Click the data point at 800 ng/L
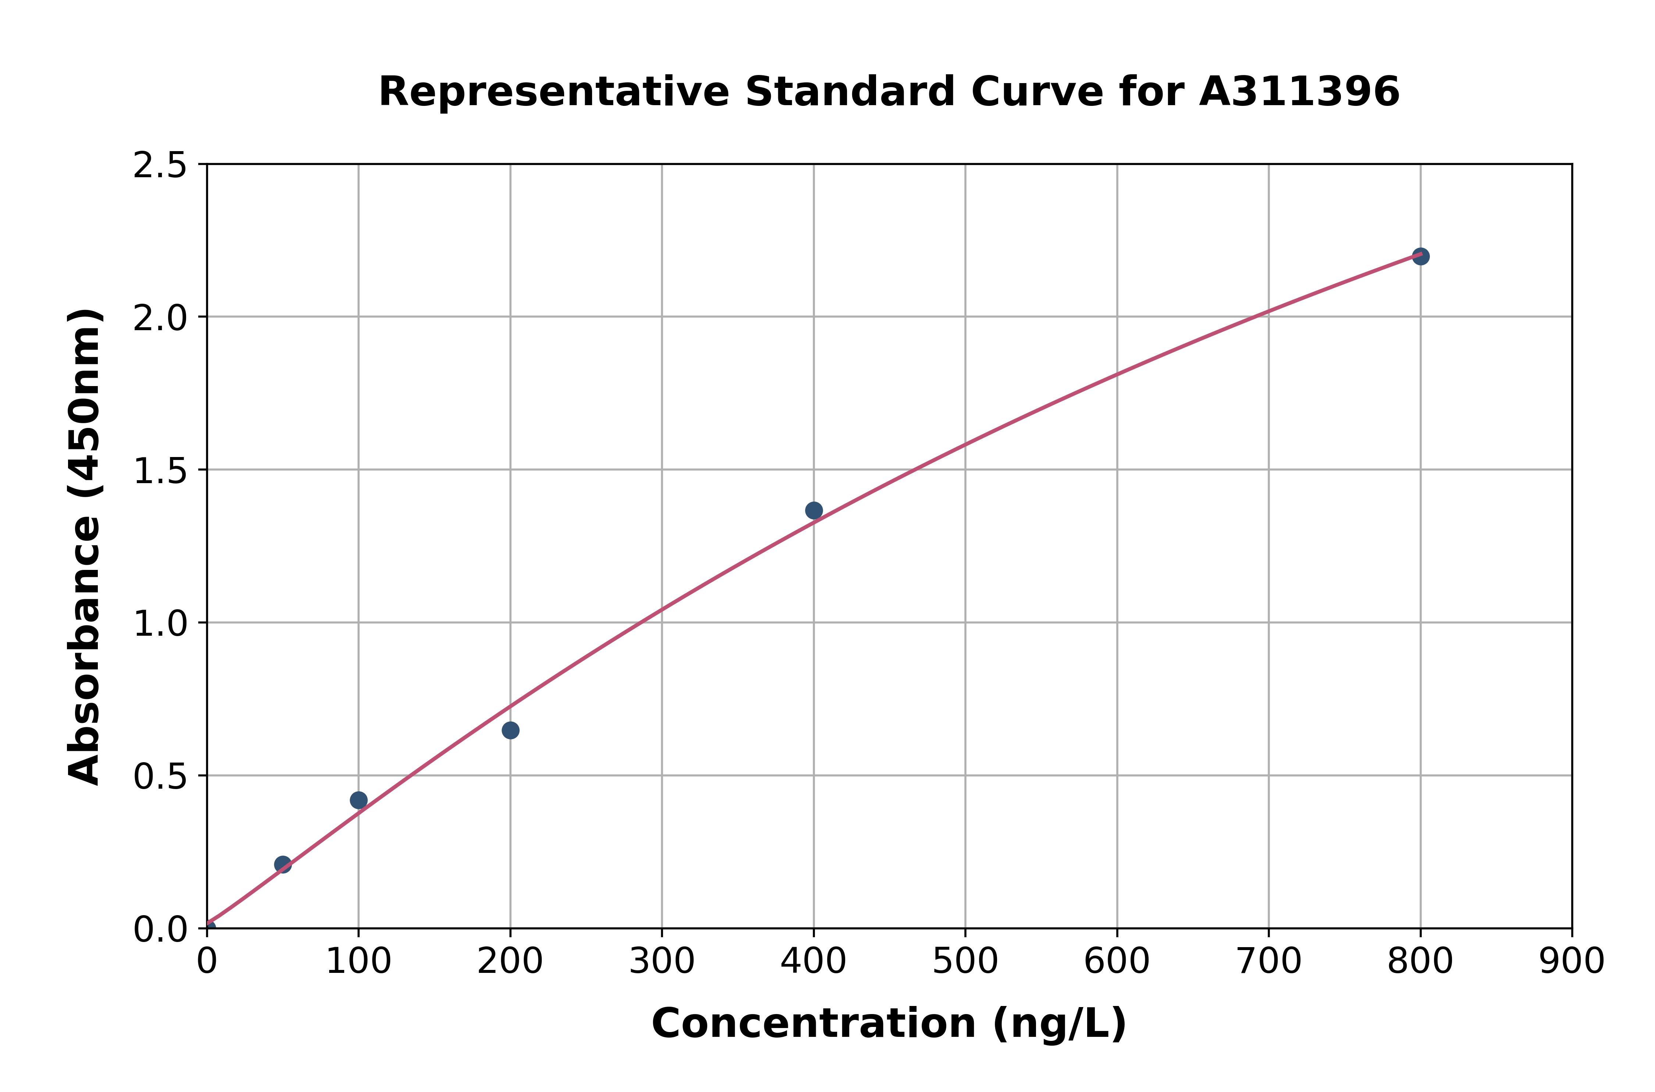click(1420, 256)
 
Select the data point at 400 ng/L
click(814, 510)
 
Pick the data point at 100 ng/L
click(359, 800)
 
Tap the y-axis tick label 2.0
click(160, 318)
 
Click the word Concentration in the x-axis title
click(814, 1024)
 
